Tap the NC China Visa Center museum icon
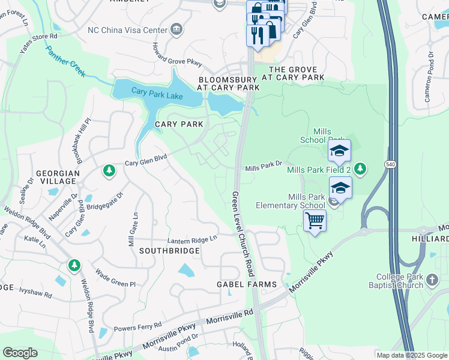pyautogui.click(x=176, y=29)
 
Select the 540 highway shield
pyautogui.click(x=391, y=164)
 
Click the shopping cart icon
pyautogui.click(x=315, y=221)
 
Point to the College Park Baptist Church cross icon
pyautogui.click(x=431, y=279)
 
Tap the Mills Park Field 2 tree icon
pyautogui.click(x=360, y=169)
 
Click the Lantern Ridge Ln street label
pyautogui.click(x=192, y=239)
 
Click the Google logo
pyautogui.click(x=20, y=353)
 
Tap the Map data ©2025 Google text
pyautogui.click(x=411, y=355)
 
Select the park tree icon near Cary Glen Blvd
pyautogui.click(x=109, y=172)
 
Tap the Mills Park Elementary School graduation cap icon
pyautogui.click(x=340, y=188)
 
